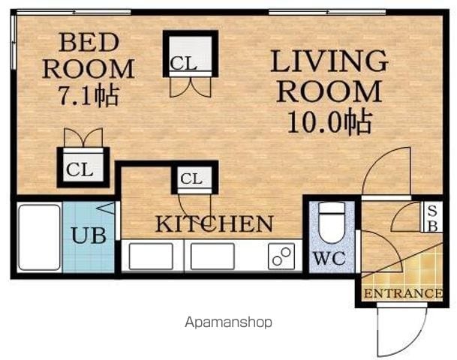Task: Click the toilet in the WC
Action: click(332, 223)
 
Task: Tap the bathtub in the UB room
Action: click(39, 238)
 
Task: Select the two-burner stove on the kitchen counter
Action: click(281, 256)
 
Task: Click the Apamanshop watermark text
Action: click(228, 322)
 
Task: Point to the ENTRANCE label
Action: click(403, 293)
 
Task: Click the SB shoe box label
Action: click(432, 219)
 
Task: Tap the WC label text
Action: click(329, 258)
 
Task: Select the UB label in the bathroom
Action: click(89, 235)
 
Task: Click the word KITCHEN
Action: click(215, 223)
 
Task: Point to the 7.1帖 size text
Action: click(89, 95)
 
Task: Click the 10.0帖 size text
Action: click(330, 122)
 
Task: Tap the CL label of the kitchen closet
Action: click(191, 178)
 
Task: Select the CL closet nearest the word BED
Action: click(191, 54)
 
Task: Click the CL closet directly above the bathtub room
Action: click(83, 167)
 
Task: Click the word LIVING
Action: click(329, 61)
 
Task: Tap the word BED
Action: click(89, 43)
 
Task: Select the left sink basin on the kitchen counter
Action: click(151, 256)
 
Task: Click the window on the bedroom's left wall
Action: click(13, 42)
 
